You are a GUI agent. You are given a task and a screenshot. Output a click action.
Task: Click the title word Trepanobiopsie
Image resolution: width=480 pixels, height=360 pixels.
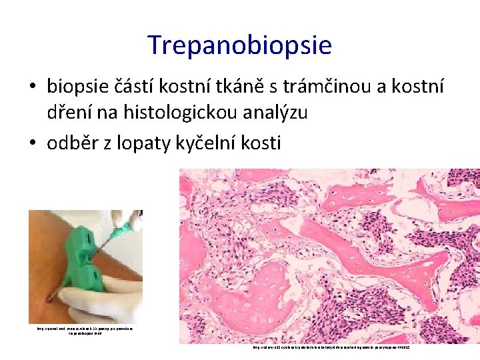click(x=239, y=45)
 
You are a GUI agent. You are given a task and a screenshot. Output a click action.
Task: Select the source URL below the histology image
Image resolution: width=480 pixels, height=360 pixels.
click(x=330, y=348)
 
